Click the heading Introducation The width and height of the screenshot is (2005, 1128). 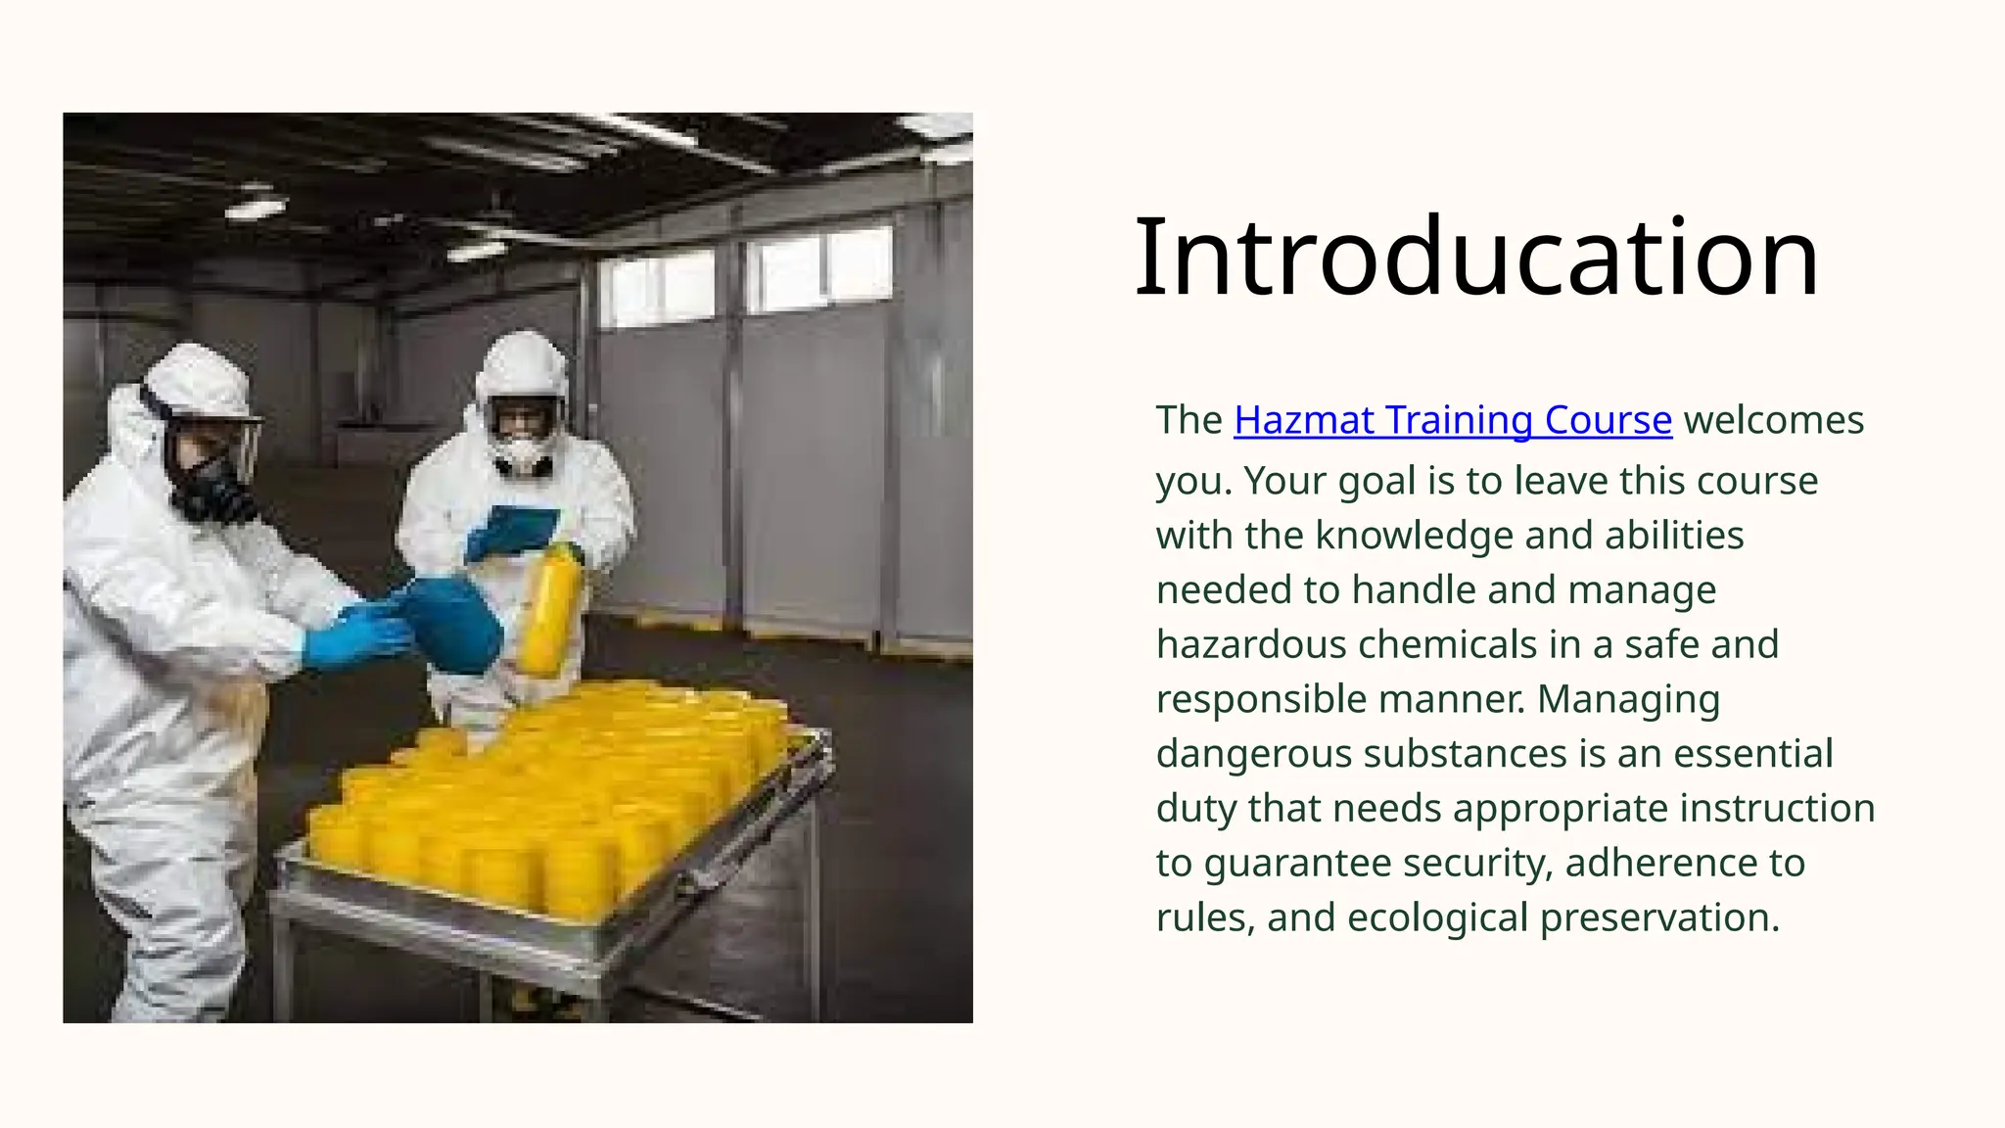1476,257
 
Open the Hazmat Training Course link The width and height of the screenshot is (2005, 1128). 1453,420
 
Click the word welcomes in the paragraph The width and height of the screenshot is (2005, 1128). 1773,420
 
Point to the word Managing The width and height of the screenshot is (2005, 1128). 1628,699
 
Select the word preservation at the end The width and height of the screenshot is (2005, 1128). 1659,917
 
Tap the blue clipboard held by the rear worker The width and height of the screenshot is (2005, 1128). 511,532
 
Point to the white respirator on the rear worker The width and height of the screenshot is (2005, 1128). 526,452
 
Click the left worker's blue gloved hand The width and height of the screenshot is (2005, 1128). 352,637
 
